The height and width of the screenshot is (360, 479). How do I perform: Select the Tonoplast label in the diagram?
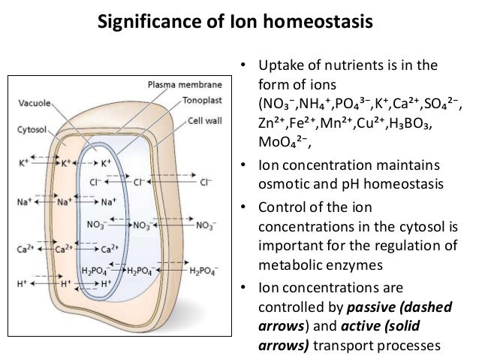(x=197, y=99)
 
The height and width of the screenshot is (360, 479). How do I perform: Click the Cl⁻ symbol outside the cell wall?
(x=205, y=181)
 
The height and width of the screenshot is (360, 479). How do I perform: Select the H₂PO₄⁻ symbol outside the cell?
(x=206, y=271)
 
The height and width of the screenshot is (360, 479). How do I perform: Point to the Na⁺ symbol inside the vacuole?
(x=109, y=201)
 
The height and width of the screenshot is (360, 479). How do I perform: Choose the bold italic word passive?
(x=369, y=306)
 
